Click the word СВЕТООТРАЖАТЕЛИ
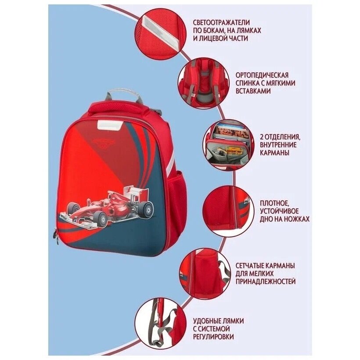point(221,22)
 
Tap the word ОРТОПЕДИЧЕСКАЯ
point(262,76)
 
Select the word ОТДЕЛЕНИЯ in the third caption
point(283,137)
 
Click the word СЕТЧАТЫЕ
point(250,266)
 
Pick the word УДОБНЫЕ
point(207,321)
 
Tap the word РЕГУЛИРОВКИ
point(213,337)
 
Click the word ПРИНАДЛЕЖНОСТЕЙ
point(266,281)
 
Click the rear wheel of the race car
point(146,210)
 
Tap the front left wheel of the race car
point(101,220)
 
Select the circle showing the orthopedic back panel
point(203,83)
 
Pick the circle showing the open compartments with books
point(228,145)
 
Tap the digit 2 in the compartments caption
point(263,137)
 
